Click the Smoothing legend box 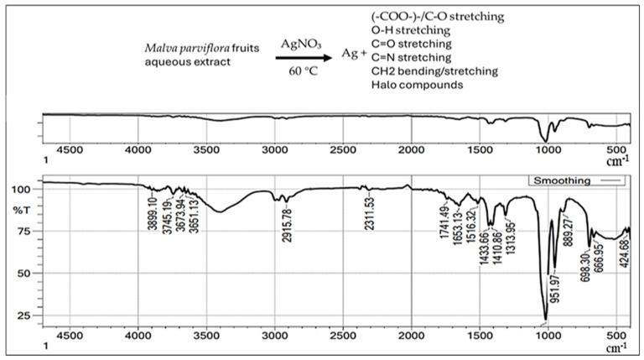pos(578,180)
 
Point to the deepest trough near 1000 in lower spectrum pos(545,321)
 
